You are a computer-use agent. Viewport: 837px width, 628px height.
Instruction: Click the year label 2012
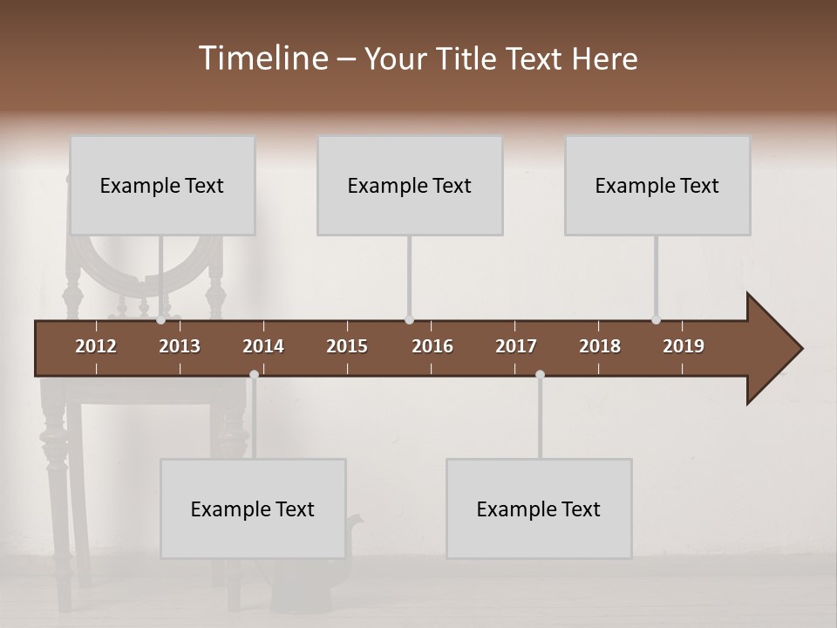[96, 346]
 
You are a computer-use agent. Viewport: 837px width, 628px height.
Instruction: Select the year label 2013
[180, 346]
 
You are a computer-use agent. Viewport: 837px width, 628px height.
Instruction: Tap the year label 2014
[263, 346]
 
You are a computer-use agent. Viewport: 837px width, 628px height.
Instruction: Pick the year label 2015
[347, 346]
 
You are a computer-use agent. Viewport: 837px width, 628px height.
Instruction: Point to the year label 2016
[432, 346]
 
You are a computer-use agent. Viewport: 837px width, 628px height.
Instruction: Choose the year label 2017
[516, 346]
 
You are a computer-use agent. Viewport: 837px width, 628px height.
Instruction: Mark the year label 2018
[600, 346]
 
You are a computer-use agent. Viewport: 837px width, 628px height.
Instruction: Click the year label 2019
[684, 346]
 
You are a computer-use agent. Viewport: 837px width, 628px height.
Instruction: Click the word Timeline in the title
[262, 58]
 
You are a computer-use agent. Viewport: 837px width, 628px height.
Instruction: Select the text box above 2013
[162, 185]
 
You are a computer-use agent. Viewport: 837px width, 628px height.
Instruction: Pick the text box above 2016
[410, 185]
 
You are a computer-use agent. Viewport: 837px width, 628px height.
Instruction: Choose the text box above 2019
[657, 185]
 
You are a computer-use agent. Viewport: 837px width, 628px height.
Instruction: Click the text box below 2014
[253, 509]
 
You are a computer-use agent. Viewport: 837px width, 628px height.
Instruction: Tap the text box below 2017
[539, 509]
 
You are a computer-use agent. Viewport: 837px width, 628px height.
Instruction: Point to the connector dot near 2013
[161, 320]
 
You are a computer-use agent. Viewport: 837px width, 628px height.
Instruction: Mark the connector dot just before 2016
[410, 320]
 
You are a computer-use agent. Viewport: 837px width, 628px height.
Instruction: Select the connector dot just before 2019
[657, 320]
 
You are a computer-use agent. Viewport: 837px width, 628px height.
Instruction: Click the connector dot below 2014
[254, 375]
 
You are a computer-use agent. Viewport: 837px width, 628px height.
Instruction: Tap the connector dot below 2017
[540, 375]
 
